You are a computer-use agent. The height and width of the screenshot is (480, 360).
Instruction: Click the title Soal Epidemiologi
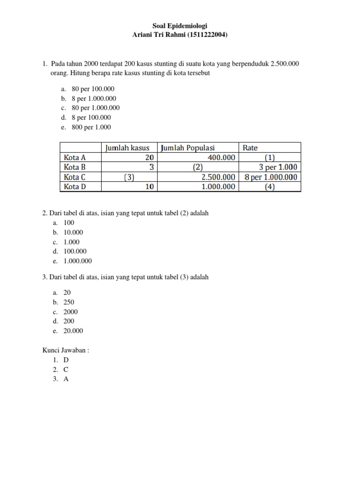[x=180, y=26]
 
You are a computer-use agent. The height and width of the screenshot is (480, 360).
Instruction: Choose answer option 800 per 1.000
[x=91, y=127]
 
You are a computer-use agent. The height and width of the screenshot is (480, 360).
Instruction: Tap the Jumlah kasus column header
[x=127, y=148]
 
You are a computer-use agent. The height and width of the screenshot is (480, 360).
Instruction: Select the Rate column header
[x=250, y=148]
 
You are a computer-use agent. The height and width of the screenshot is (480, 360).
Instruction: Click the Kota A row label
[x=75, y=158]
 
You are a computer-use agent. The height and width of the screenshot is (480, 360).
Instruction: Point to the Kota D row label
[x=75, y=187]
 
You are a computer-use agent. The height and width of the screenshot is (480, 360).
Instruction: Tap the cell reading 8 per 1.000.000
[x=270, y=177]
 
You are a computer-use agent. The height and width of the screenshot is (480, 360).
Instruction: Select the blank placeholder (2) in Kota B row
[x=198, y=167]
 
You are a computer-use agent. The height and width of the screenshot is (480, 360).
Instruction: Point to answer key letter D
[x=66, y=360]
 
